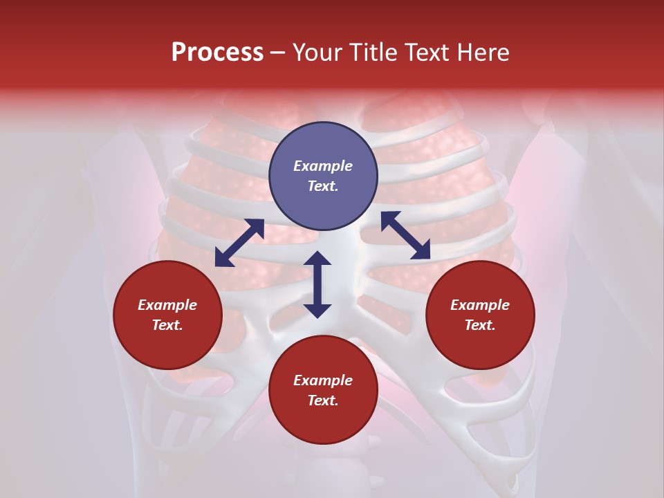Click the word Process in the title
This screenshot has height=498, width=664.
pyautogui.click(x=217, y=53)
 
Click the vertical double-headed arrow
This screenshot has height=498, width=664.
pyautogui.click(x=317, y=284)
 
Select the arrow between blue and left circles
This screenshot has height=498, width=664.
pyautogui.click(x=239, y=243)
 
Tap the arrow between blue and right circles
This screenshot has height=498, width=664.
pyautogui.click(x=405, y=236)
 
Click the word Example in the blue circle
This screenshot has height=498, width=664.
pyautogui.click(x=323, y=166)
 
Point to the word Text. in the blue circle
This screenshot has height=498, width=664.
pyautogui.click(x=323, y=186)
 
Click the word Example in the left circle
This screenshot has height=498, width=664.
pyautogui.click(x=167, y=305)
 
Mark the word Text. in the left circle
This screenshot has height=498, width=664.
pyautogui.click(x=167, y=325)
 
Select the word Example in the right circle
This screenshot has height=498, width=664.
pyautogui.click(x=480, y=305)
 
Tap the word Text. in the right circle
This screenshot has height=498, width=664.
pyautogui.click(x=480, y=325)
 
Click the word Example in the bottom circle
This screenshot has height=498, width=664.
pyautogui.click(x=323, y=380)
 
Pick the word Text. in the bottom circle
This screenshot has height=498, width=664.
pyautogui.click(x=323, y=400)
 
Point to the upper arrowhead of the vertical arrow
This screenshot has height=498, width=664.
pyautogui.click(x=317, y=259)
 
